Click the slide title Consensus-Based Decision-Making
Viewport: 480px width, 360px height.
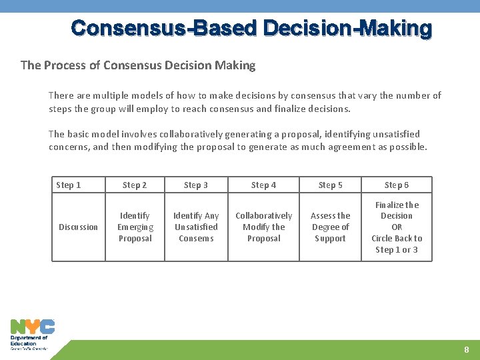251,29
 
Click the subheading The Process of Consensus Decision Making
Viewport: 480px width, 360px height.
138,65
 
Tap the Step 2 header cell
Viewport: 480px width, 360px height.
135,185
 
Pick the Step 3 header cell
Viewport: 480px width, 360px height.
196,185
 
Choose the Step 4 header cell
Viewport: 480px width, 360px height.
263,185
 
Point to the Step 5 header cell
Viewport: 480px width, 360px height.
331,185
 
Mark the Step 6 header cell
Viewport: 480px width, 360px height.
397,185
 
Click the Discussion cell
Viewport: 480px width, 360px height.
78,227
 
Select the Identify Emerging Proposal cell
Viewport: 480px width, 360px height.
135,227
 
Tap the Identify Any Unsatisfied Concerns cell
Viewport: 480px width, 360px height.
196,227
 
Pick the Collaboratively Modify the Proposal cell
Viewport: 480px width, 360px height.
263,227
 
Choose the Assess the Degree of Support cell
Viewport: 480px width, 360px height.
331,227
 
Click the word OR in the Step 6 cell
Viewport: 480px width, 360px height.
397,227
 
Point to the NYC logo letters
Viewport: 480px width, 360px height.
32,327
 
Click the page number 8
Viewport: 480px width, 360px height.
467,350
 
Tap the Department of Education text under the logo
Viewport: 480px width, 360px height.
29,341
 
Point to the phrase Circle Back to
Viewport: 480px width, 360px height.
397,239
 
